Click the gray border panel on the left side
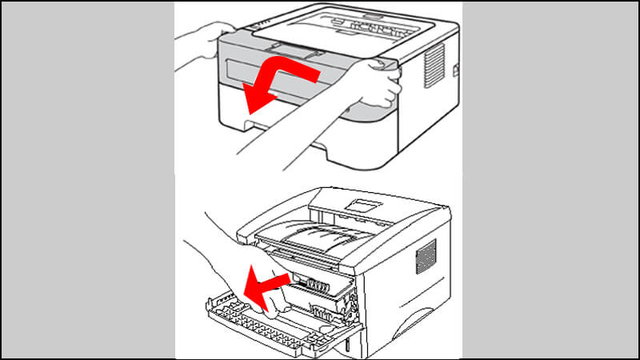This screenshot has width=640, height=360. click(x=88, y=180)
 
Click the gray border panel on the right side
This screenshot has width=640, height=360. click(x=552, y=180)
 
